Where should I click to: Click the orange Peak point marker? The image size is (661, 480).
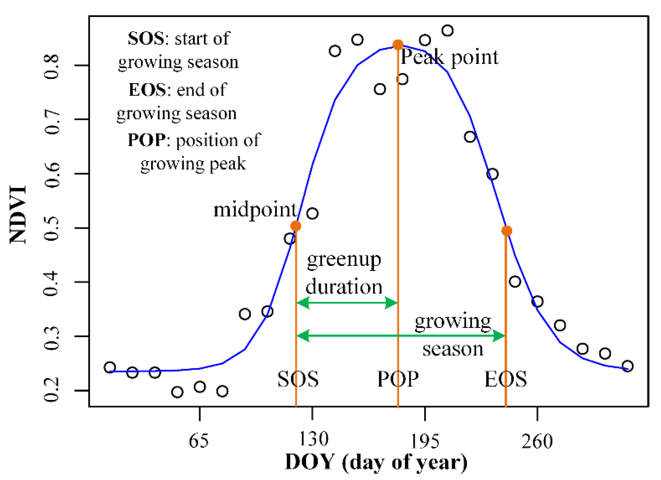(398, 45)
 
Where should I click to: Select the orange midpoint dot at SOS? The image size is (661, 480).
(296, 226)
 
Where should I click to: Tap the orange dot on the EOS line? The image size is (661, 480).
(506, 231)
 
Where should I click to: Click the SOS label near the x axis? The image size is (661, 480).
(298, 379)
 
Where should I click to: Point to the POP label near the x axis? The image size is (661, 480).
(398, 379)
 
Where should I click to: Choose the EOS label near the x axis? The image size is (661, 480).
(505, 379)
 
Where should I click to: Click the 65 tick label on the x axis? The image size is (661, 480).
(198, 440)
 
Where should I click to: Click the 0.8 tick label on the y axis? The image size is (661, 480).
(51, 67)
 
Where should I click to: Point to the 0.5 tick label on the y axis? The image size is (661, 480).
(51, 228)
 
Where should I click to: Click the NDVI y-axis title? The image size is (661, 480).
(18, 215)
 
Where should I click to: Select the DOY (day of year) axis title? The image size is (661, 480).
(376, 462)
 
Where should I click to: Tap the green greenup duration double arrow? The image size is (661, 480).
(347, 303)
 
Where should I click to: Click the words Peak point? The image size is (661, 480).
(449, 57)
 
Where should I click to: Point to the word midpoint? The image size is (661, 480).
(255, 210)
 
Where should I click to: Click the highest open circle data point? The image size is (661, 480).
(447, 31)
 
